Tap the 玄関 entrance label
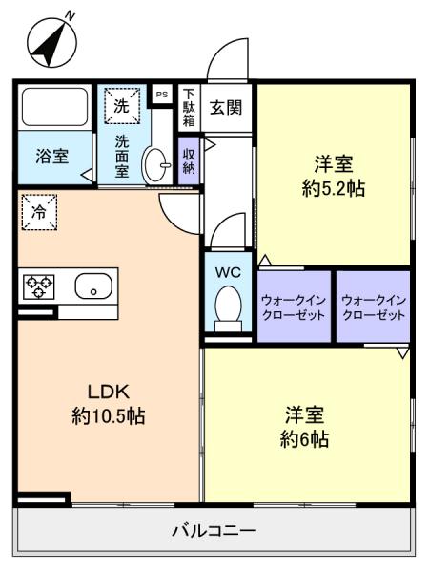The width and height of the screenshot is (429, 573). tap(226, 107)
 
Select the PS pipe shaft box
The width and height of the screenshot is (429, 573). tap(161, 94)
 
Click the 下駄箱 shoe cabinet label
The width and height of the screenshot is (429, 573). tap(189, 108)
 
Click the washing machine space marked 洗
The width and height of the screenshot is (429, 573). tap(121, 107)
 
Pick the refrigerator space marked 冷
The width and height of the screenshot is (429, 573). tap(39, 212)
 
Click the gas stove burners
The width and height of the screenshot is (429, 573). tap(39, 285)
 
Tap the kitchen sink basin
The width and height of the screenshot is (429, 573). tap(92, 285)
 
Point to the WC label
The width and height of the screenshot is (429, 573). tap(228, 271)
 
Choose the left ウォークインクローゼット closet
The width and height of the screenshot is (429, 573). tap(294, 308)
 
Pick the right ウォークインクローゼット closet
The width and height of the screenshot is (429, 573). tap(373, 308)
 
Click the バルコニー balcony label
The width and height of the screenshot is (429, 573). tap(214, 530)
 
